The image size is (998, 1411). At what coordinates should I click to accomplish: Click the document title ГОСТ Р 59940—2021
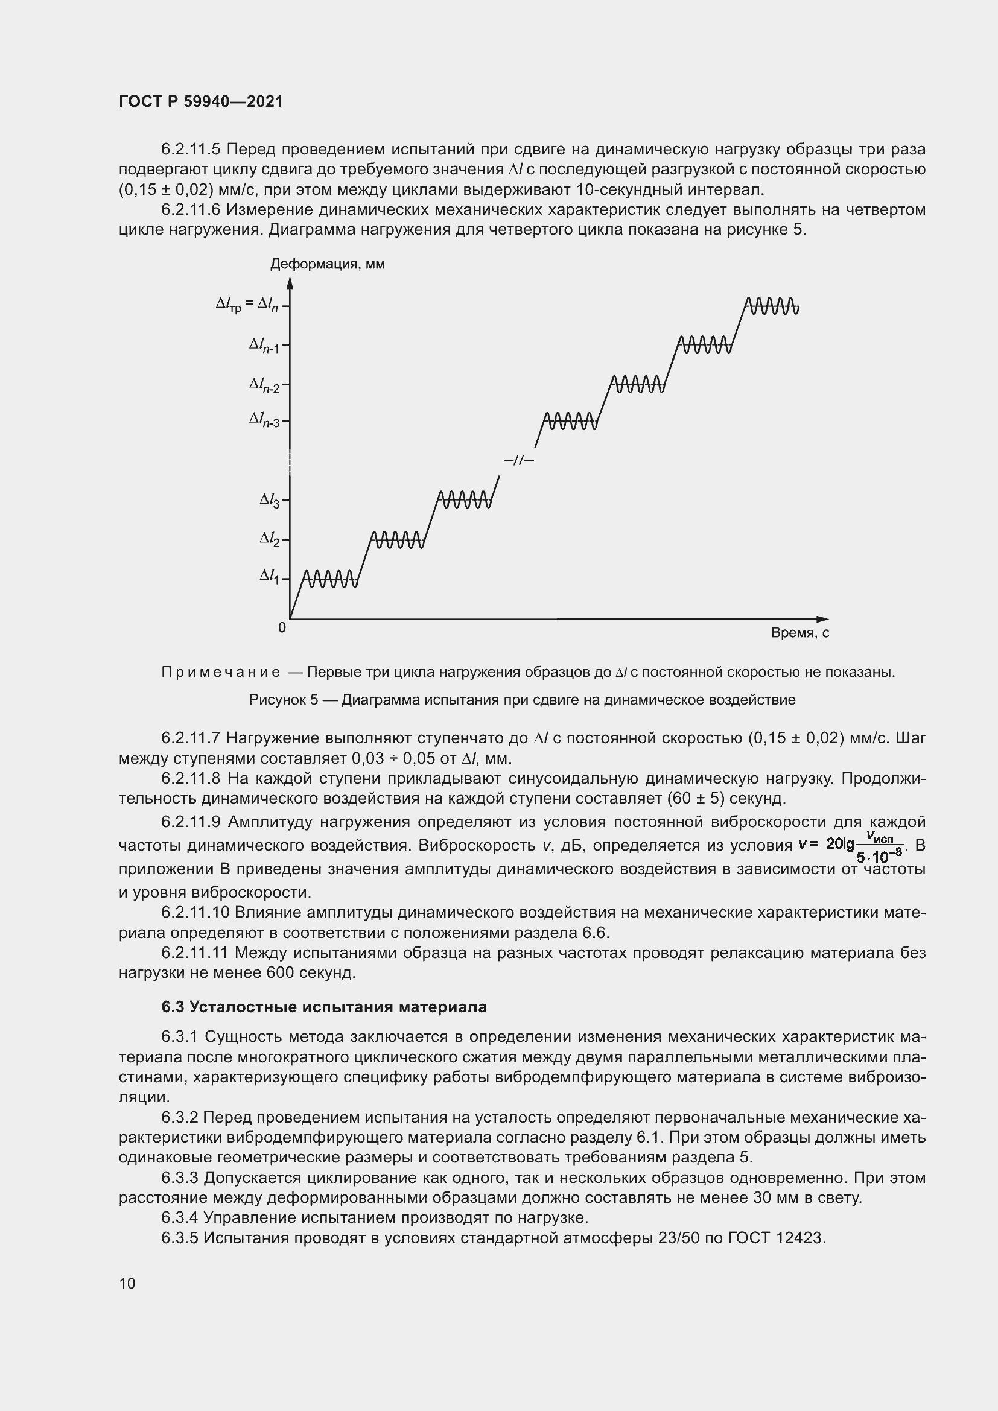point(201,101)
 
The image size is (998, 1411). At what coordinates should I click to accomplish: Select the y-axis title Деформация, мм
point(328,264)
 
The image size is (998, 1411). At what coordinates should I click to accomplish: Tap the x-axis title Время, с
point(799,632)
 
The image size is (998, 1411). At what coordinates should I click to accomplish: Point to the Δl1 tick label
point(269,576)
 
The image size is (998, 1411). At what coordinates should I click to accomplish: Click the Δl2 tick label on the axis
point(269,539)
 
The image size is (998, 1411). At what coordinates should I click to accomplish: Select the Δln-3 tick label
point(264,420)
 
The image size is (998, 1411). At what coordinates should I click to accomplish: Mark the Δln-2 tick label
point(264,385)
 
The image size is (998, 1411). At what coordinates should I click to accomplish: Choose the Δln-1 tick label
point(264,346)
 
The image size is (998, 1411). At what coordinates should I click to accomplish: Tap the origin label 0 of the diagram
point(282,627)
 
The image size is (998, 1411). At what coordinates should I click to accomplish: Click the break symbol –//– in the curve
point(519,460)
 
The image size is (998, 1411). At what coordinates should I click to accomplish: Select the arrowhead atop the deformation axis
point(290,283)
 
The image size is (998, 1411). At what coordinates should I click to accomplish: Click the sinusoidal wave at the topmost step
point(772,305)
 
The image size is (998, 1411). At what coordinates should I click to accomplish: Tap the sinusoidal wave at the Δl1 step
point(331,579)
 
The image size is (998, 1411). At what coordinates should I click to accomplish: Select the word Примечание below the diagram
point(221,671)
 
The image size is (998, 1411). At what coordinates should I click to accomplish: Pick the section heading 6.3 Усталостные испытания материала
point(324,1007)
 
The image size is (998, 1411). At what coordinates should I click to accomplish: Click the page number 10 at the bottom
point(127,1283)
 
